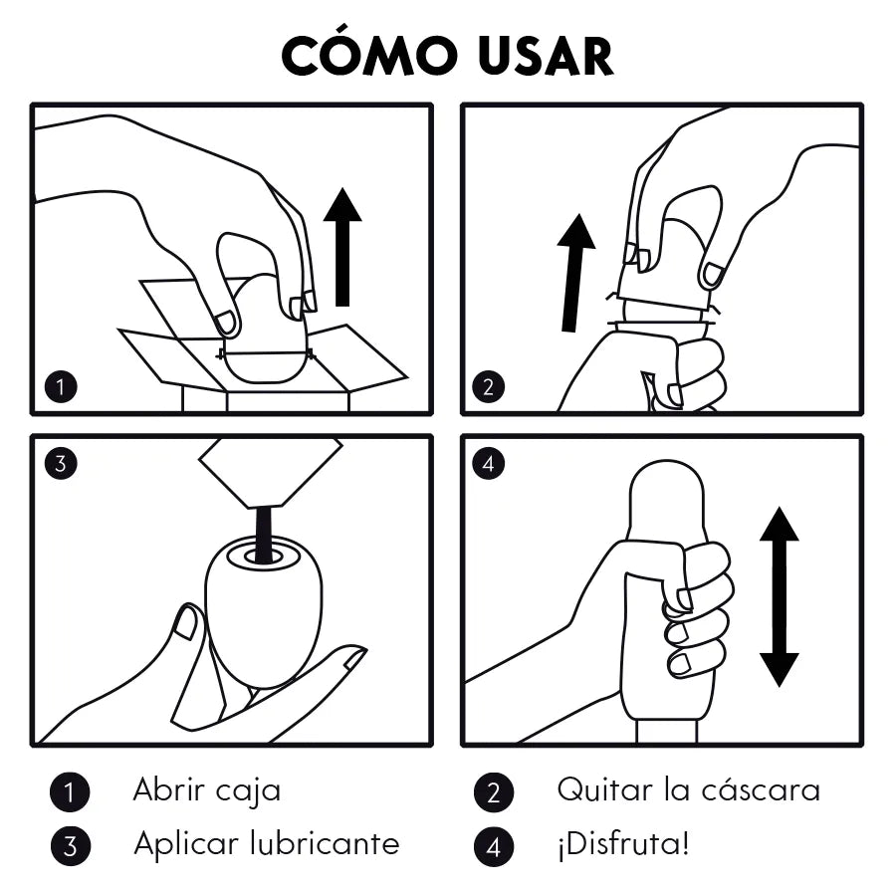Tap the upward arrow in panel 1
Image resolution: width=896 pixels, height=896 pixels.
click(x=342, y=246)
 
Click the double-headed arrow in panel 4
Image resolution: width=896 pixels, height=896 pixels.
click(x=779, y=595)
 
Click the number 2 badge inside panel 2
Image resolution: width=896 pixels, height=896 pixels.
click(x=488, y=387)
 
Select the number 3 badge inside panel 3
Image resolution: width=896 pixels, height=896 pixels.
click(x=62, y=463)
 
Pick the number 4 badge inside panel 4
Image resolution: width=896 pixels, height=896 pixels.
click(x=488, y=463)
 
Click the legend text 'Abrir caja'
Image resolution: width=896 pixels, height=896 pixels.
click(x=207, y=790)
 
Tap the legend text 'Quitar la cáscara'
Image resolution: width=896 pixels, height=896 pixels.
click(x=688, y=790)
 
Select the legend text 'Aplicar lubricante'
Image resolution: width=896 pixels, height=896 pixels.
click(x=266, y=844)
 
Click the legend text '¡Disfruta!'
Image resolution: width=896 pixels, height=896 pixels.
click(x=622, y=845)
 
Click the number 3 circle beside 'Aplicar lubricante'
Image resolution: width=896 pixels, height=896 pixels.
click(x=70, y=846)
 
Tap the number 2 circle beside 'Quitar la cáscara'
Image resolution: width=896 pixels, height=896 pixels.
click(x=494, y=792)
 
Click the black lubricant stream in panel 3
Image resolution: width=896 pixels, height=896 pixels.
click(x=265, y=533)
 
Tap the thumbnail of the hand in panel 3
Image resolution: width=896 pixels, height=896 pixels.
click(x=185, y=622)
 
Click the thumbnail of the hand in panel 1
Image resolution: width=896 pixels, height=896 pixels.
click(x=226, y=323)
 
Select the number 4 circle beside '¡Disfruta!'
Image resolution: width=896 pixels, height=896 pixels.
click(x=494, y=846)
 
